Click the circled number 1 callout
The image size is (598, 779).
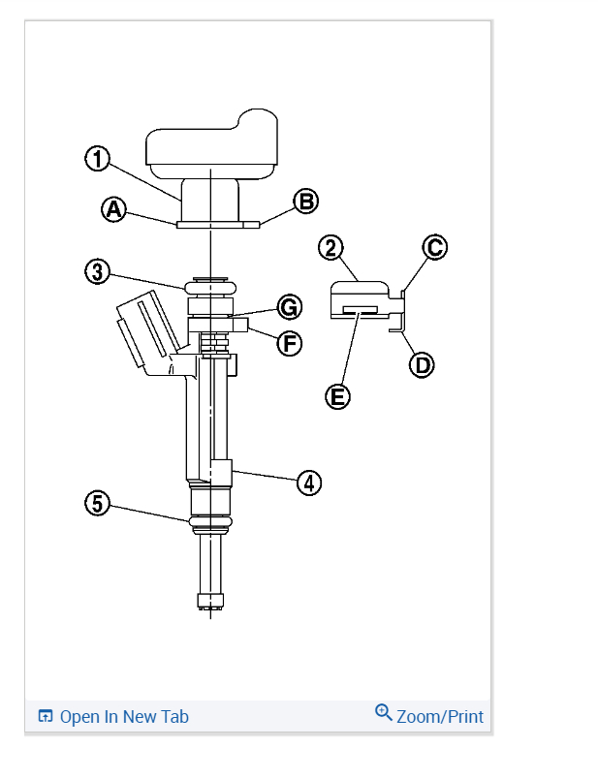tap(98, 159)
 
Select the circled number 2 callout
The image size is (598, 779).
tap(331, 248)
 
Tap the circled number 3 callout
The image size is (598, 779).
tap(98, 271)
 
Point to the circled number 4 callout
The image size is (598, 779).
tap(309, 483)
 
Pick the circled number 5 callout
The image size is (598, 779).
tap(98, 503)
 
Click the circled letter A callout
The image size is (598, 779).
tap(113, 209)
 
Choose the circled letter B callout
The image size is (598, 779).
tap(305, 202)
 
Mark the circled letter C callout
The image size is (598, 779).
tap(435, 247)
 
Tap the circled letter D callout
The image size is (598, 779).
tap(422, 365)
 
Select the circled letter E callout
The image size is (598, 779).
tap(337, 397)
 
